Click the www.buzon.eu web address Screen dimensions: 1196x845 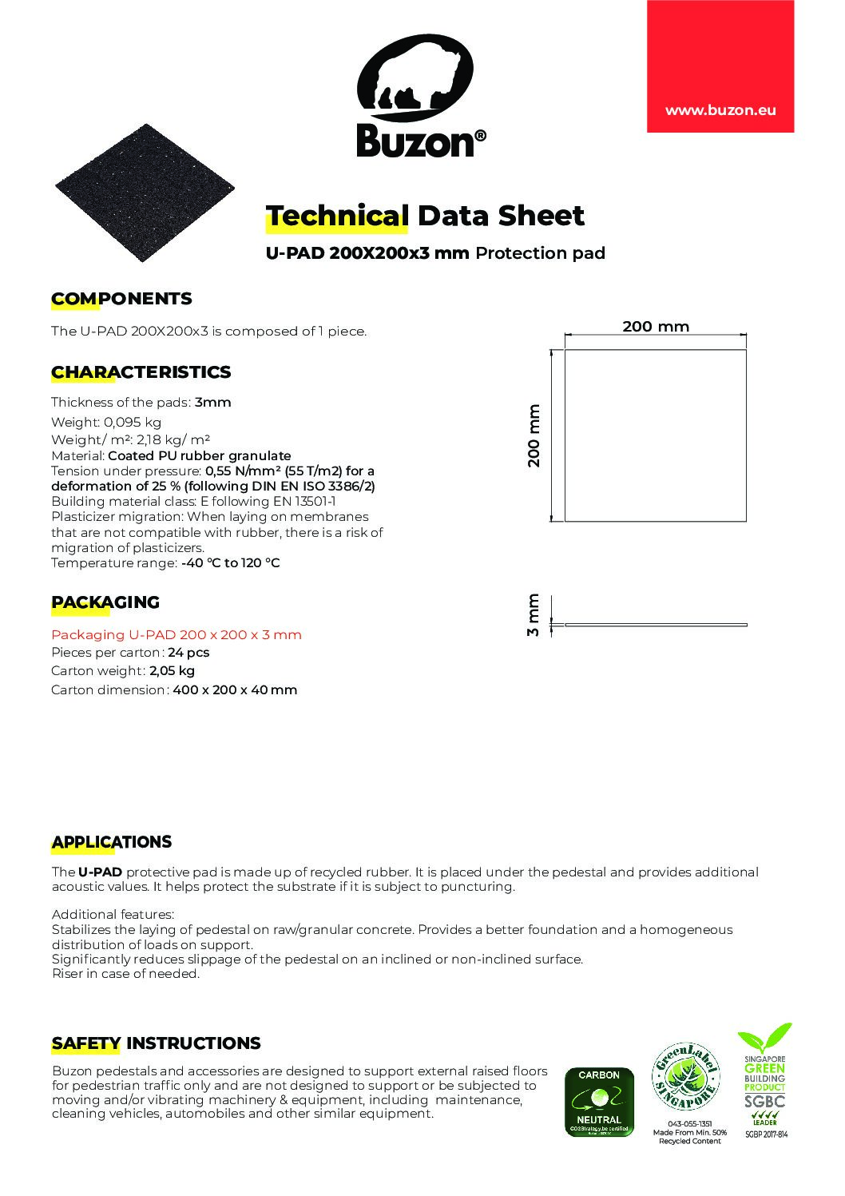pyautogui.click(x=720, y=111)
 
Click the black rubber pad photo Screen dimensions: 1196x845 pyautogui.click(x=146, y=193)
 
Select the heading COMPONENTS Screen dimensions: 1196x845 pyautogui.click(x=121, y=299)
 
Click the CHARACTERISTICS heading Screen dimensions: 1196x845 pyautogui.click(x=141, y=372)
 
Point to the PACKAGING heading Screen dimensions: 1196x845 pyautogui.click(x=105, y=602)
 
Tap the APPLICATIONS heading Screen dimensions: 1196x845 pyautogui.click(x=112, y=842)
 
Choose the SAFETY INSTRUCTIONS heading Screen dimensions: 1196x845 pyautogui.click(x=156, y=1043)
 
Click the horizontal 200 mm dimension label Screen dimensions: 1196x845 pyautogui.click(x=655, y=327)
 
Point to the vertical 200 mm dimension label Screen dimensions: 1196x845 pyautogui.click(x=534, y=435)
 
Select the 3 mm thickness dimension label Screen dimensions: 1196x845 pyautogui.click(x=534, y=615)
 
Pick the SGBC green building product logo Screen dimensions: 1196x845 pyautogui.click(x=765, y=1075)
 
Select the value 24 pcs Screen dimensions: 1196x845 pyautogui.click(x=188, y=653)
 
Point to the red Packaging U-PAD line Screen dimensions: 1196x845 pyautogui.click(x=177, y=635)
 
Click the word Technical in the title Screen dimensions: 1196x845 pyautogui.click(x=336, y=216)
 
